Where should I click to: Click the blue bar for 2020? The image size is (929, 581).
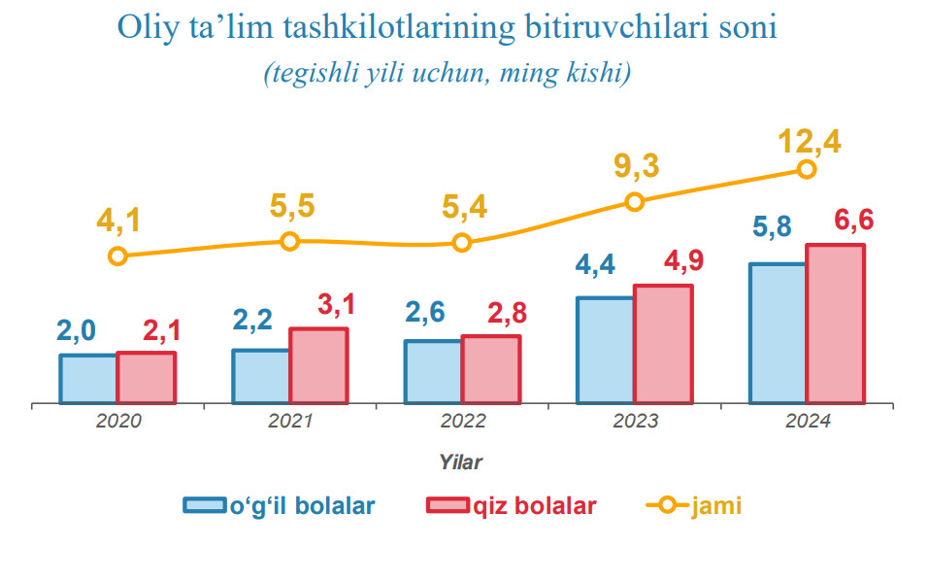point(88,378)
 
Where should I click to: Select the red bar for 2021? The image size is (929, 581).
point(318,365)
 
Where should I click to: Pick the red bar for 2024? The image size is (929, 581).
point(835,324)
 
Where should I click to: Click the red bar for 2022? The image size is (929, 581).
point(490,369)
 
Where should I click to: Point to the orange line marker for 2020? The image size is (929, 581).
point(117,256)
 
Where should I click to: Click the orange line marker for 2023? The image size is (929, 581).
point(634,202)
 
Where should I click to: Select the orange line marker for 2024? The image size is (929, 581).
point(806,169)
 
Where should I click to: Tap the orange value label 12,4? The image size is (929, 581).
point(809,142)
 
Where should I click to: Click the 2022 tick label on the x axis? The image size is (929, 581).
point(462,422)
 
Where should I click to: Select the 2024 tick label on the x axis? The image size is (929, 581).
point(807,422)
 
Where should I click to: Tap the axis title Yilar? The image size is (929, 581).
point(461,461)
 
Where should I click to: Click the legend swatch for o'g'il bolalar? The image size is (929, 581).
point(205,506)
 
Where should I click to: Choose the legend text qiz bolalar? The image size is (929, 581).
point(535,506)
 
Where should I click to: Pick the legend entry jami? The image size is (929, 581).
point(694,506)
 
